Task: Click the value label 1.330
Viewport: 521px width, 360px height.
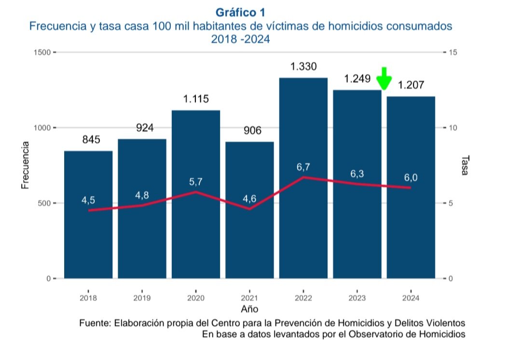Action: (x=303, y=67)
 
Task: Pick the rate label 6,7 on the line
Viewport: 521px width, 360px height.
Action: (x=303, y=167)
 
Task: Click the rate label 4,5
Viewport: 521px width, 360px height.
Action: (x=88, y=200)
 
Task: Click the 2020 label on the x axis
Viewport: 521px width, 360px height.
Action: (x=196, y=298)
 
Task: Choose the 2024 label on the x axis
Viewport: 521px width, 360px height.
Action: (x=411, y=298)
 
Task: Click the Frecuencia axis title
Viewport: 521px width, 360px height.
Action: (x=25, y=165)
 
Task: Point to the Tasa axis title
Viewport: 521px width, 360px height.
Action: (x=465, y=165)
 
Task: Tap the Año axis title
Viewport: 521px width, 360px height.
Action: (x=249, y=308)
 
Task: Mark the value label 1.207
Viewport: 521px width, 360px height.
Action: (x=411, y=85)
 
